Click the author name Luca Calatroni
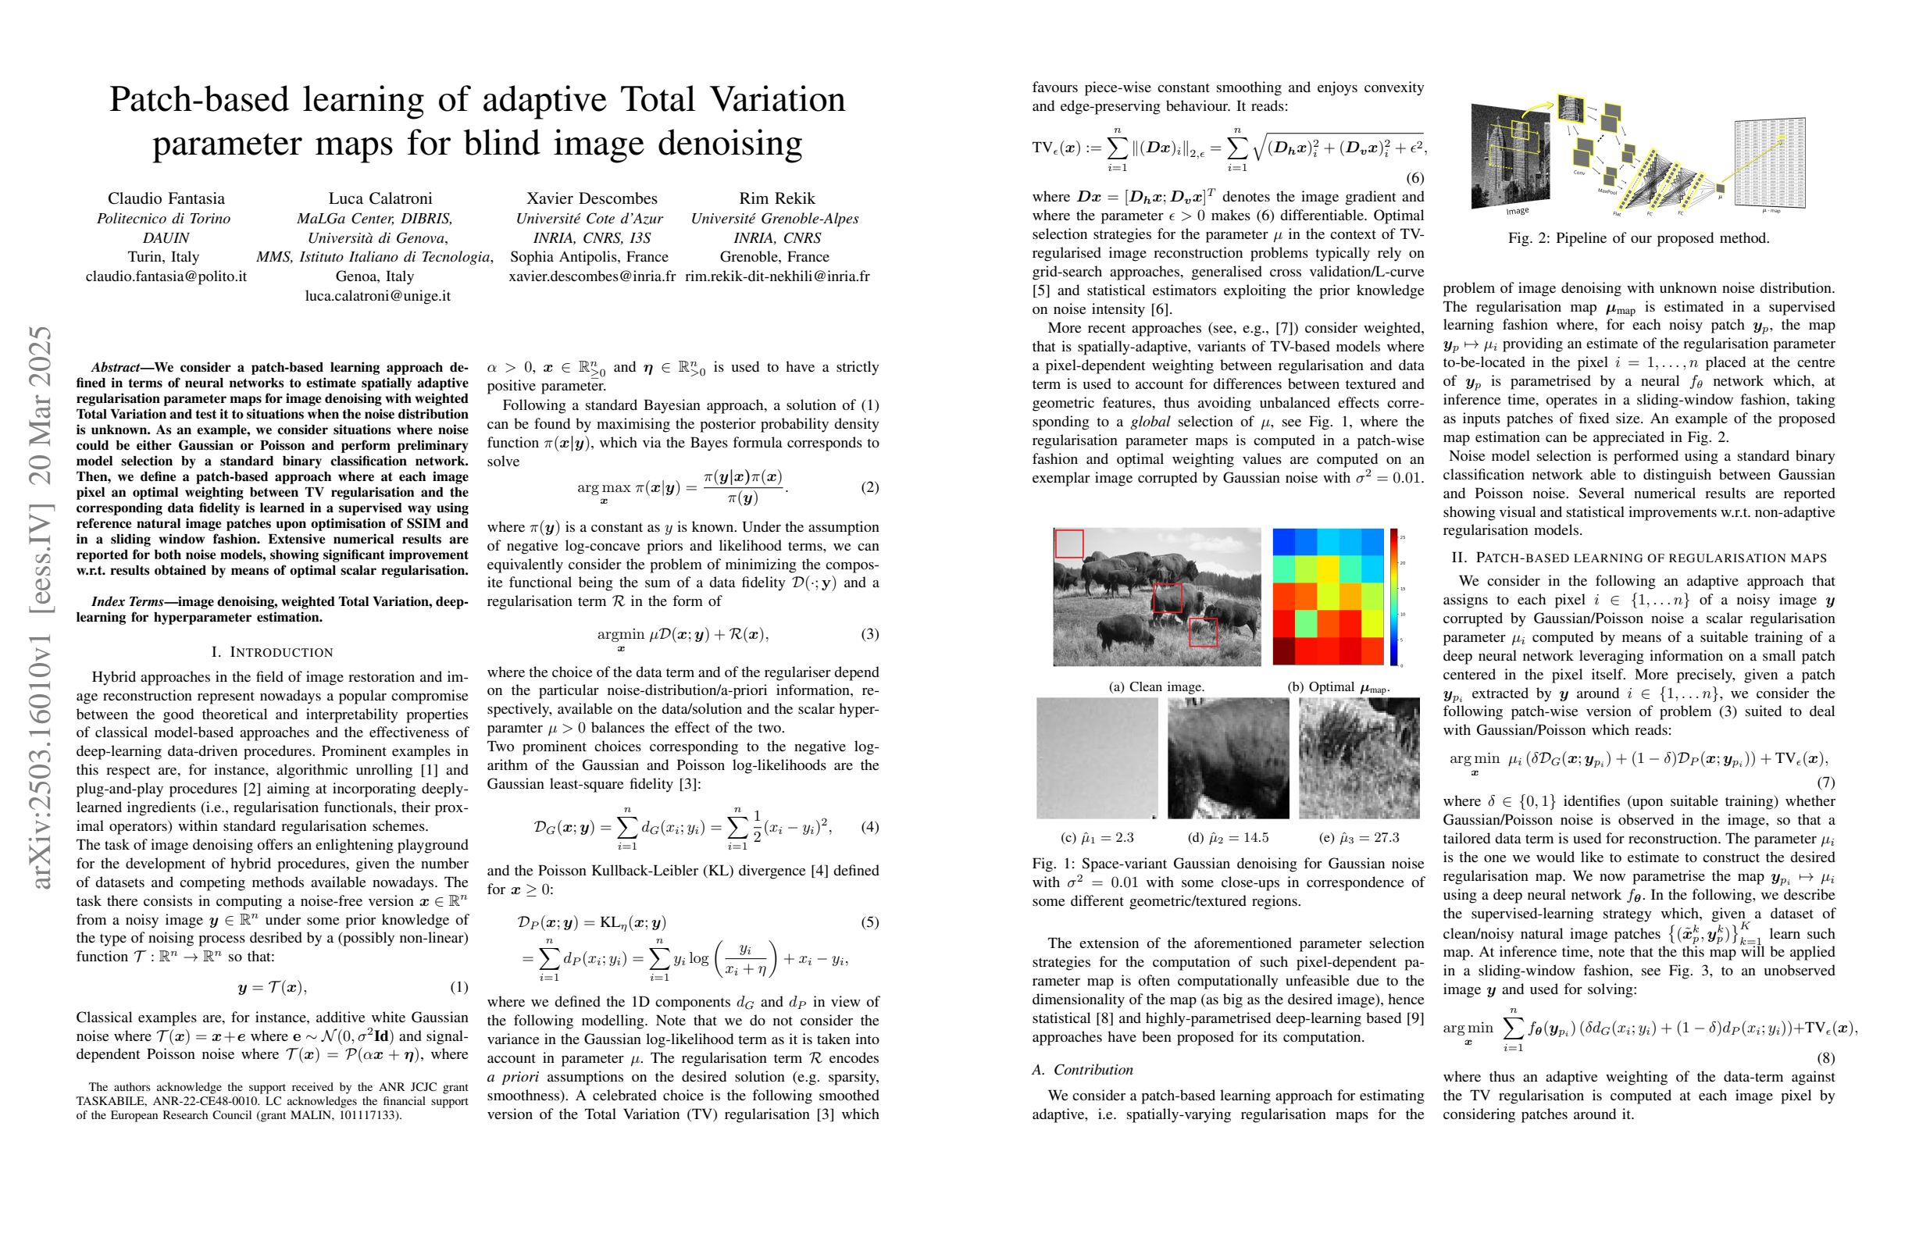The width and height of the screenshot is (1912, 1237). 380,198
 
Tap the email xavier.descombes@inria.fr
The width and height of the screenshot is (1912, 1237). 591,276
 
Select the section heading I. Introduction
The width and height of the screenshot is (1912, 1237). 273,651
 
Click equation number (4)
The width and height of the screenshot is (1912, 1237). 869,827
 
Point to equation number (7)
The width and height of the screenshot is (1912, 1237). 1824,782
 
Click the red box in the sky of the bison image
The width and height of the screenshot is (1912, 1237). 1068,544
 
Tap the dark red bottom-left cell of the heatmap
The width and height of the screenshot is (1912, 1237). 1284,651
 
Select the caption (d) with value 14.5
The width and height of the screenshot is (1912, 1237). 1228,838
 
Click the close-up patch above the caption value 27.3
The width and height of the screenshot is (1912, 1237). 1359,758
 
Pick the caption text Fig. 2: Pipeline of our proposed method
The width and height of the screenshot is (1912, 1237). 1639,238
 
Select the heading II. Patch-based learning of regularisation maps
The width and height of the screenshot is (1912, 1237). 1639,558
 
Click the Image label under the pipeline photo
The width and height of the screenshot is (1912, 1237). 1518,210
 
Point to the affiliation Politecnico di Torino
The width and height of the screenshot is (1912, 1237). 164,219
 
